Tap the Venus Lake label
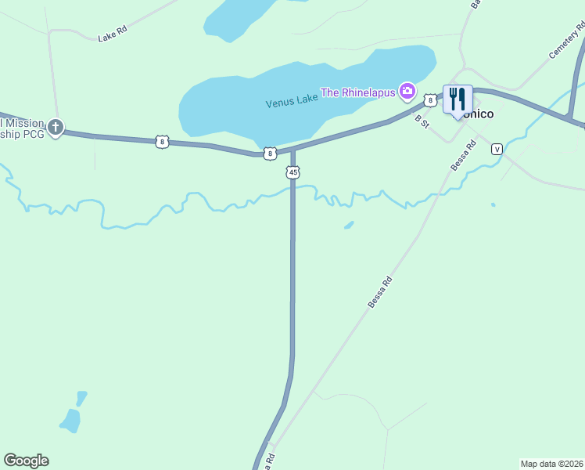[x=291, y=102]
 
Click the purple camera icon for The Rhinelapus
[x=407, y=92]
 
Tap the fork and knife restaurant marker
[x=458, y=99]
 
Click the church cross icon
[x=55, y=127]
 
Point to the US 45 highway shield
[x=292, y=172]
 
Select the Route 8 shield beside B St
[x=430, y=101]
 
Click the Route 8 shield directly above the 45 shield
[x=270, y=154]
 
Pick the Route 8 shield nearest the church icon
[x=161, y=142]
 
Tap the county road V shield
[x=497, y=149]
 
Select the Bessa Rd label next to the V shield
[x=464, y=156]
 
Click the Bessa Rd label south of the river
[x=379, y=291]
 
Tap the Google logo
[x=26, y=461]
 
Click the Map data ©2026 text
[x=552, y=463]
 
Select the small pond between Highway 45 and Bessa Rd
[x=349, y=226]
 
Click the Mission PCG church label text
[x=22, y=128]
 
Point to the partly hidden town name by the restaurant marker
[x=483, y=114]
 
